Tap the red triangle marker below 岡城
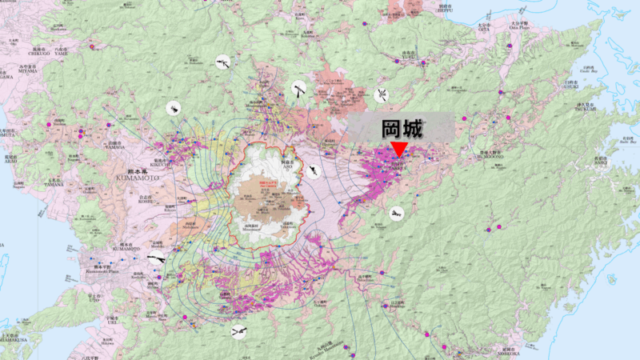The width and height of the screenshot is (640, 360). (x=398, y=150)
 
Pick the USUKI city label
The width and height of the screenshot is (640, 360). (x=570, y=86)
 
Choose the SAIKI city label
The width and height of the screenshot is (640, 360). (x=599, y=162)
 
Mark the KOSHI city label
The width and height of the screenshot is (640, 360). (x=145, y=200)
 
